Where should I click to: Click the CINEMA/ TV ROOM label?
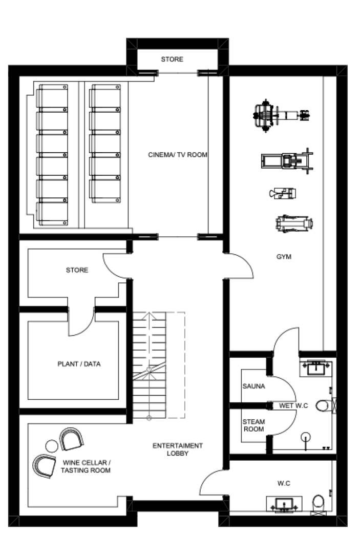[x=178, y=154]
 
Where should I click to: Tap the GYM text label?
[x=284, y=257]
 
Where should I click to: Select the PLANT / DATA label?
[x=79, y=364]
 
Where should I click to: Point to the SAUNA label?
[x=253, y=386]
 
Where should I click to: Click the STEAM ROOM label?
[x=253, y=425]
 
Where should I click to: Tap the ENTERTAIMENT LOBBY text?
[x=178, y=449]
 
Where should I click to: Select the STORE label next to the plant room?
[x=77, y=270]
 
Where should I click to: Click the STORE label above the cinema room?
[x=172, y=59]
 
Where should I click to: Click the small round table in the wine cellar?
[x=52, y=444]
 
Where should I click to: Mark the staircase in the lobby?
[x=150, y=365]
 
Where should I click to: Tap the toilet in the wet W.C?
[x=323, y=406]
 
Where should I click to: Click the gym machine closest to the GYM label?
[x=293, y=223]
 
